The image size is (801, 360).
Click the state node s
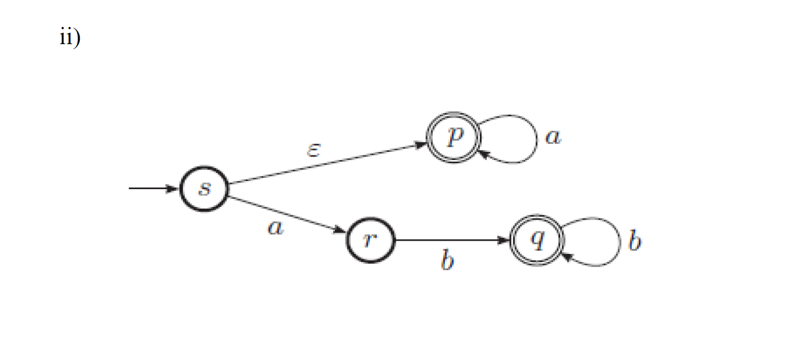[204, 190]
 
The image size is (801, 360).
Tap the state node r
[370, 241]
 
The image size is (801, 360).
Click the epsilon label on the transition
[313, 151]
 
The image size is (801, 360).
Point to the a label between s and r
[276, 228]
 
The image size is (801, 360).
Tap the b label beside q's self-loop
[634, 241]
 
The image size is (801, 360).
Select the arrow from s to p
[327, 164]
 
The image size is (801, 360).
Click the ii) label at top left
[70, 38]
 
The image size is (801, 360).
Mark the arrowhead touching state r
[342, 231]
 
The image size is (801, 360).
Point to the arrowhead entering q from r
[505, 241]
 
